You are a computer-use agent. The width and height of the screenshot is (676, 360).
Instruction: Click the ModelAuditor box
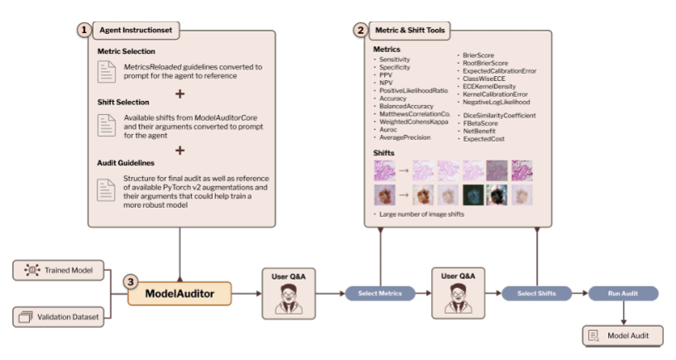(x=180, y=292)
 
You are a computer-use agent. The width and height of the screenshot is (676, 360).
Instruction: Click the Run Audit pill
(x=623, y=293)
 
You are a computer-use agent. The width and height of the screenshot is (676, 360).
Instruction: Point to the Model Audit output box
(x=623, y=335)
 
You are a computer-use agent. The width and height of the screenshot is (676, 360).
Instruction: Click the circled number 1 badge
(x=84, y=30)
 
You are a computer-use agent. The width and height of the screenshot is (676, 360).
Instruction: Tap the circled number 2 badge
(x=360, y=30)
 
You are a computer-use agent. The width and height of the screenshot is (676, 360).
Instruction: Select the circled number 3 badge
(x=130, y=281)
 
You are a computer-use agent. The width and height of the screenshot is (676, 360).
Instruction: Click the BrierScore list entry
(x=481, y=54)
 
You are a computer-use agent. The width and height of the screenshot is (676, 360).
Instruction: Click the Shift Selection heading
(x=125, y=103)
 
